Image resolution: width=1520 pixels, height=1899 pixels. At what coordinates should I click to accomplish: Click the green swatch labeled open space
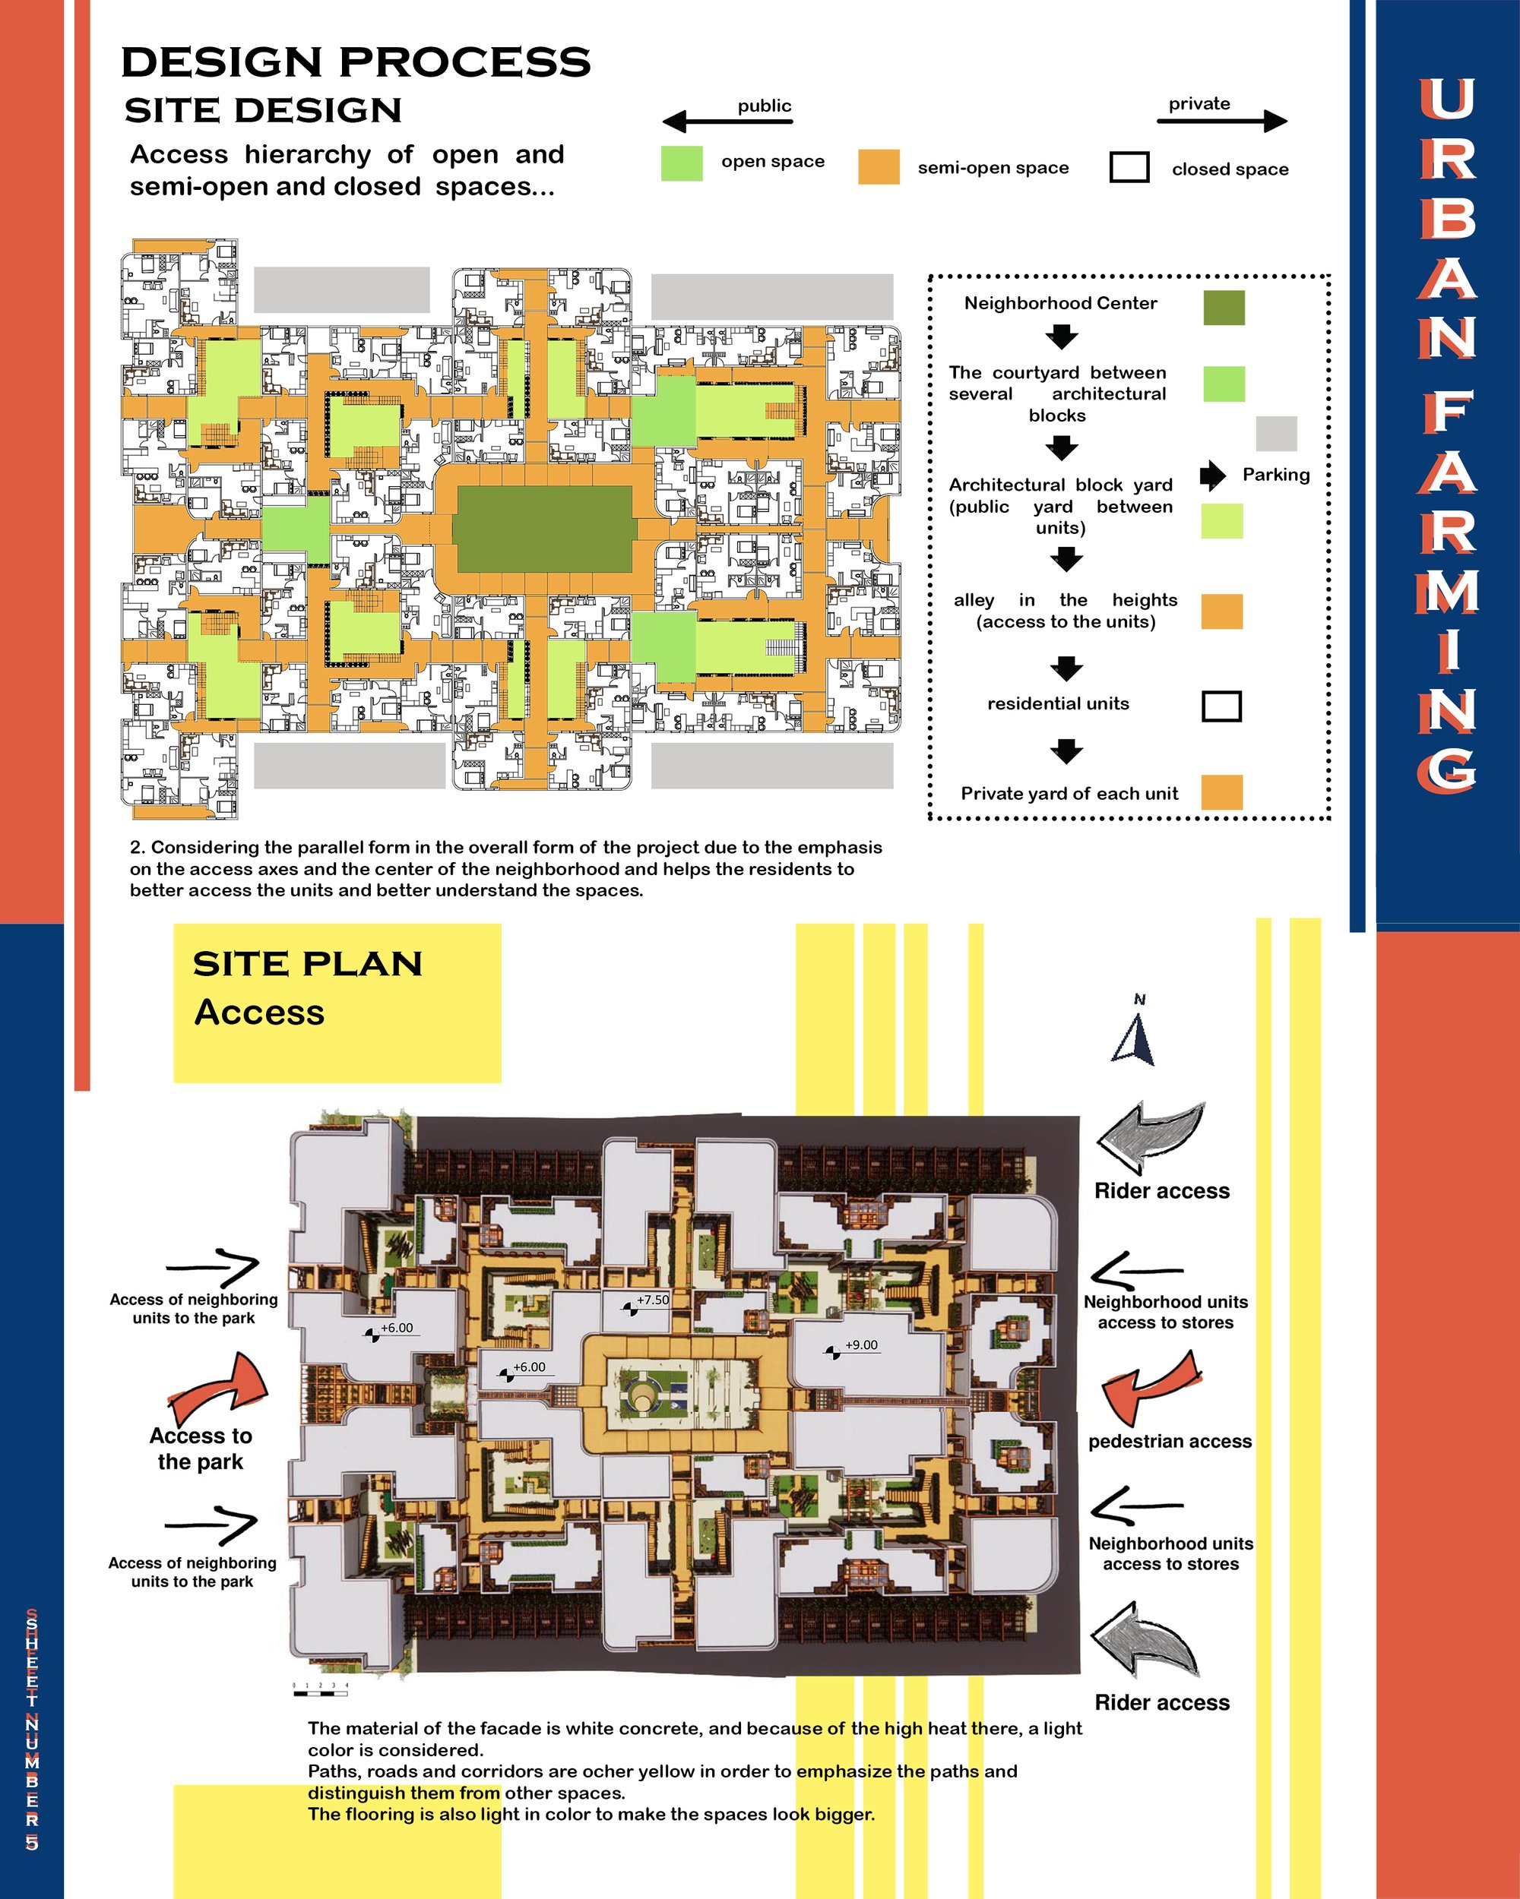click(x=682, y=164)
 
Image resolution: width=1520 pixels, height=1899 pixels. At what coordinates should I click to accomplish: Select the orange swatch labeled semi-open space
click(x=879, y=166)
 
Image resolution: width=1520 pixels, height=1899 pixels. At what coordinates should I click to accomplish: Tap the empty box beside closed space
click(x=1129, y=167)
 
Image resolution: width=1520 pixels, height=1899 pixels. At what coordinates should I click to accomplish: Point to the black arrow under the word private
click(x=1222, y=121)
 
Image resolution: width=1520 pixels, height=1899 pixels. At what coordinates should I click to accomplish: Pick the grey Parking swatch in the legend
click(x=1277, y=434)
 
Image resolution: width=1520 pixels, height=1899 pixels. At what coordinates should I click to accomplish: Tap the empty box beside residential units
click(x=1222, y=706)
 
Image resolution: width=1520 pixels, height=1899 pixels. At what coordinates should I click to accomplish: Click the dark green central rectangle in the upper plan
click(x=543, y=529)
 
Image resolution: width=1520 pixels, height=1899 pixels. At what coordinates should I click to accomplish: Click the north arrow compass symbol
click(x=1134, y=1039)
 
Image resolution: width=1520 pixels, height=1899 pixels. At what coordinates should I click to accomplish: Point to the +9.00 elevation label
click(x=861, y=1345)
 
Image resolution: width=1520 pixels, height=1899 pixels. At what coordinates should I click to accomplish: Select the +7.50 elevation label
click(x=653, y=1300)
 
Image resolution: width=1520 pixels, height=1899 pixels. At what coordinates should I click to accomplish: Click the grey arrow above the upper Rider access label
click(x=1150, y=1138)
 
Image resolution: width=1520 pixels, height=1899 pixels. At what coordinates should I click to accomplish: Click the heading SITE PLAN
click(x=308, y=964)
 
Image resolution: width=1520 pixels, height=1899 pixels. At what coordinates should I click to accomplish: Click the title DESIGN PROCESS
click(x=356, y=62)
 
